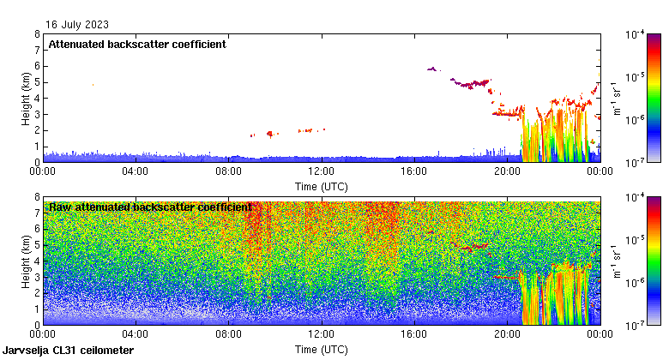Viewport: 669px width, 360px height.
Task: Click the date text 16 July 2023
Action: tap(77, 25)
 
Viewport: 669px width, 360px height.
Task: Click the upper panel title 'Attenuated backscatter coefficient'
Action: tap(137, 45)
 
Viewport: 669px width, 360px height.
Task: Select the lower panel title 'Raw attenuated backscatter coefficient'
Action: tap(150, 207)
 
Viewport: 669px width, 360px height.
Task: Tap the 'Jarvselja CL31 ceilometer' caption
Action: tap(68, 351)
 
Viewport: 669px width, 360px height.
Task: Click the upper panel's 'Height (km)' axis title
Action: tap(27, 98)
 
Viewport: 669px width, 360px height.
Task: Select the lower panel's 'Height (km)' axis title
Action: tap(27, 261)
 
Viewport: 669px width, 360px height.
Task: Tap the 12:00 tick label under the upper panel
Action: tap(321, 171)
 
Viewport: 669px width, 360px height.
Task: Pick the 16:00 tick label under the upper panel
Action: tap(413, 171)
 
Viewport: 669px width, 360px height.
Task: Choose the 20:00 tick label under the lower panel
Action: tap(506, 334)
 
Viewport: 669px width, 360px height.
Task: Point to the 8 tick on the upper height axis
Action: tap(37, 34)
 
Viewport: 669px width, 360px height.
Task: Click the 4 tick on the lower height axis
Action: tap(37, 261)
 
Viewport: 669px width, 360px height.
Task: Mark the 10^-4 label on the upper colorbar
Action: tap(636, 35)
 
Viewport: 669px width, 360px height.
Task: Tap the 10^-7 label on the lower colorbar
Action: tap(636, 326)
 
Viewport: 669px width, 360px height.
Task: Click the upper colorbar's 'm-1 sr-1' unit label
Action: tap(614, 98)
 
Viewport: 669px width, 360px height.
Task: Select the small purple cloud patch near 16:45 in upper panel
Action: tap(431, 69)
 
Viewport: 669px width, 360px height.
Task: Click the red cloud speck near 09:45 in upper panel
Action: tap(270, 134)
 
